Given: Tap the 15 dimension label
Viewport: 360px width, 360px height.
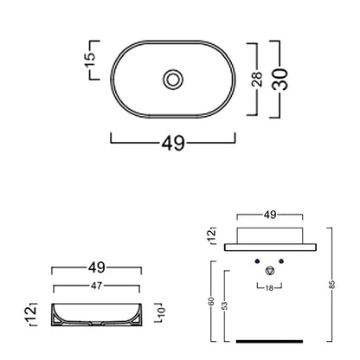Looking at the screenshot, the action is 90,60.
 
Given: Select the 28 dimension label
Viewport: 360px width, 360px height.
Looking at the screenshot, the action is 257,79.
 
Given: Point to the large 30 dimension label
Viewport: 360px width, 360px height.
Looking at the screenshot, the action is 280,79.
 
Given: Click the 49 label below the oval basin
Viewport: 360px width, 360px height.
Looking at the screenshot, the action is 173,143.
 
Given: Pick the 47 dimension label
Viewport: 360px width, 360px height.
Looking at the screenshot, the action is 96,286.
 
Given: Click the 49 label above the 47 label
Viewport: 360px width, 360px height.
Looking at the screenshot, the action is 97,267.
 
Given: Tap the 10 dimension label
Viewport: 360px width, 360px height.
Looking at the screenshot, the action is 161,311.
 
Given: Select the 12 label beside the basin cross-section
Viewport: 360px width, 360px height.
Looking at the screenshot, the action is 30,313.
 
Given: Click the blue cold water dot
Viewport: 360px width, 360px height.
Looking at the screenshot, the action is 257,261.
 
